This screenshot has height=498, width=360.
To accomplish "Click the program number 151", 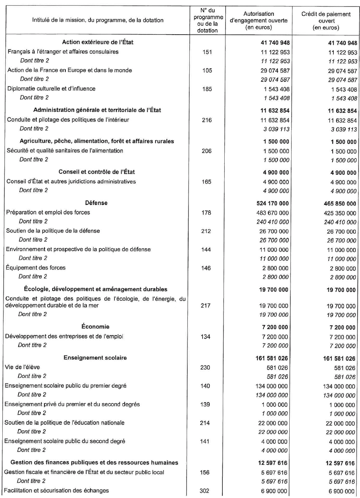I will pos(208,52).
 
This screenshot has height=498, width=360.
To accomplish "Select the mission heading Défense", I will pos(97,203).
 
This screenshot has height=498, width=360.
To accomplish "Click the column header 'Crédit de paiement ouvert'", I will pos(326,21).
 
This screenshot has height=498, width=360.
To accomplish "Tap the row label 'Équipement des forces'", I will pos(36,268).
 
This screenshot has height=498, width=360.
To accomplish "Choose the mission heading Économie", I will pos(95,327).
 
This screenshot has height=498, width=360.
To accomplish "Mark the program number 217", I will pos(206,305).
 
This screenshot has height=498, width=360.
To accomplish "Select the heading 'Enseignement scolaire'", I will pos(95,358).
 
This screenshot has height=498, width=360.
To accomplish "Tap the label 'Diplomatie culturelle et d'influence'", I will pos(51,89).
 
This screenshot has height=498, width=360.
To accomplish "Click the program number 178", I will pos(206,213).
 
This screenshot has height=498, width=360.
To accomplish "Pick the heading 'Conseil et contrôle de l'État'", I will pos(97,172).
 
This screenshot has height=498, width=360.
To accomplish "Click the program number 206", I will pos(207,151).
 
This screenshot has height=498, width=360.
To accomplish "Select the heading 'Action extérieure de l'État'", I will pos(98,42).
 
